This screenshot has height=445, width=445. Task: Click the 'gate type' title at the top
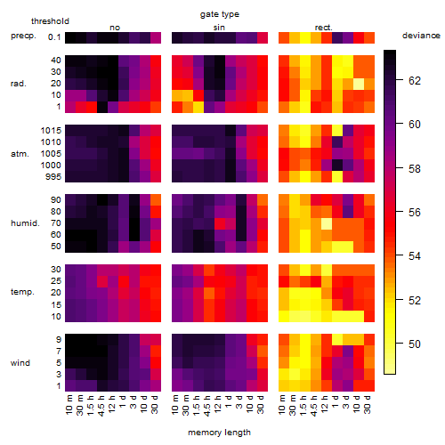pyautogui.click(x=220, y=14)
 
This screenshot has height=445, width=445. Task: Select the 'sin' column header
pyautogui.click(x=219, y=28)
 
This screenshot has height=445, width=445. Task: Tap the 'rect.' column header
pyautogui.click(x=323, y=28)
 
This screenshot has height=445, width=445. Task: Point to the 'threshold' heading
pyautogui.click(x=50, y=21)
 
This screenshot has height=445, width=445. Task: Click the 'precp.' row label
pyautogui.click(x=23, y=36)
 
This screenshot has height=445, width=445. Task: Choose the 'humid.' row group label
pyautogui.click(x=25, y=223)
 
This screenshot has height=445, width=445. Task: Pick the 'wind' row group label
pyautogui.click(x=20, y=363)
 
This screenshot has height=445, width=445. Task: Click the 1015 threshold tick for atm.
pyautogui.click(x=51, y=131)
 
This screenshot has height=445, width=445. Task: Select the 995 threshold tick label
pyautogui.click(x=53, y=177)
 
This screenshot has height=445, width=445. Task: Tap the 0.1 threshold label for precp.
pyautogui.click(x=54, y=37)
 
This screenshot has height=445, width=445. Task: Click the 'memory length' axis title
pyautogui.click(x=219, y=433)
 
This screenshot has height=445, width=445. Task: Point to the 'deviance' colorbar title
pyautogui.click(x=421, y=36)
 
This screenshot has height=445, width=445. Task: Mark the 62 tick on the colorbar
pyautogui.click(x=415, y=81)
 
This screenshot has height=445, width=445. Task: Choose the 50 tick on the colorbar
pyautogui.click(x=415, y=344)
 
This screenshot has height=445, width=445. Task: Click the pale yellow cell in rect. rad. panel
pyautogui.click(x=359, y=84)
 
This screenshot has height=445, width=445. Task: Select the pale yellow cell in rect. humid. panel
pyautogui.click(x=327, y=223)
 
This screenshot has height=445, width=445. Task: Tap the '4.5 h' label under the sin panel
pyautogui.click(x=207, y=405)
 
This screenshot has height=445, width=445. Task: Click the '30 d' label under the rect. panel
pyautogui.click(x=367, y=404)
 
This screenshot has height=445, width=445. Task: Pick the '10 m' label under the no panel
pyautogui.click(x=69, y=405)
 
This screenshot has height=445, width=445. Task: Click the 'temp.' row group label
pyautogui.click(x=22, y=292)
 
